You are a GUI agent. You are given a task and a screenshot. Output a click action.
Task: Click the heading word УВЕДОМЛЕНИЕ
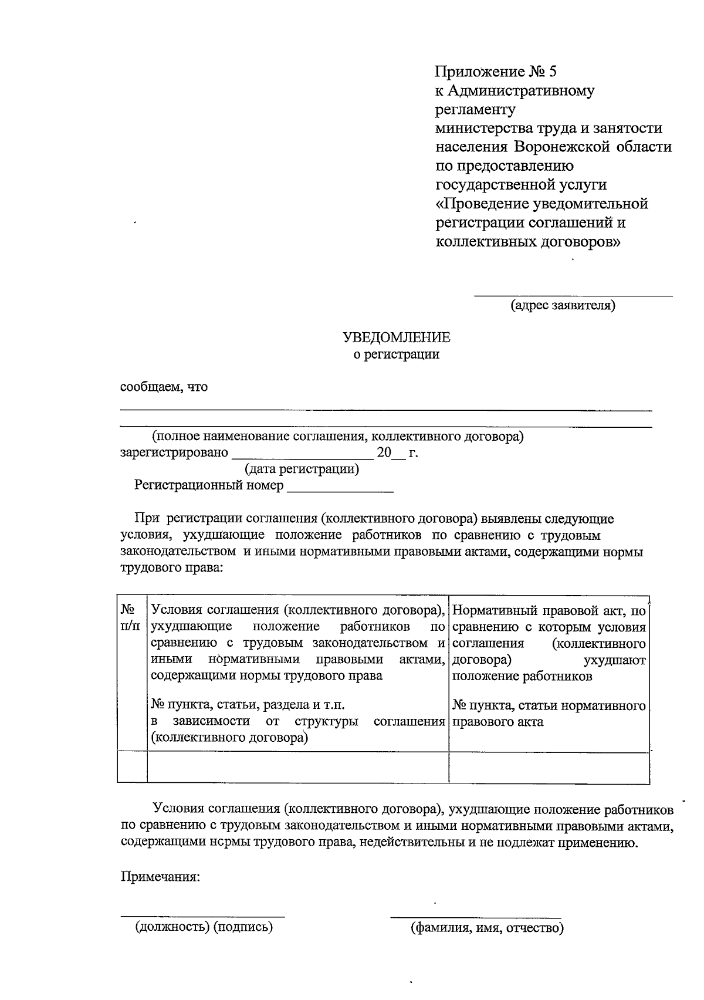pos(397,337)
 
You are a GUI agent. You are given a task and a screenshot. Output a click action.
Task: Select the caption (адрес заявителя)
pos(563,305)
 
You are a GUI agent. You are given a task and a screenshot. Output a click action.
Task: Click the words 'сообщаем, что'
pos(164,387)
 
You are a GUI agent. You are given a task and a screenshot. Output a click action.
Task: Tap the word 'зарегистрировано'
pos(174,453)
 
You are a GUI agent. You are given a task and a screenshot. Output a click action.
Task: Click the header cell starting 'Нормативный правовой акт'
pos(549,643)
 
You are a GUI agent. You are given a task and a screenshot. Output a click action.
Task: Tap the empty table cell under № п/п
pos(132,766)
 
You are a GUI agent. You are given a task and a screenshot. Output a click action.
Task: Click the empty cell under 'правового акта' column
pos(549,766)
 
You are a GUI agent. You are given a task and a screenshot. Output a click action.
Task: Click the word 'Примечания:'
pos(160,877)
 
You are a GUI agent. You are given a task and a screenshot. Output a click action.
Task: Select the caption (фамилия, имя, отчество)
pos(487,928)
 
